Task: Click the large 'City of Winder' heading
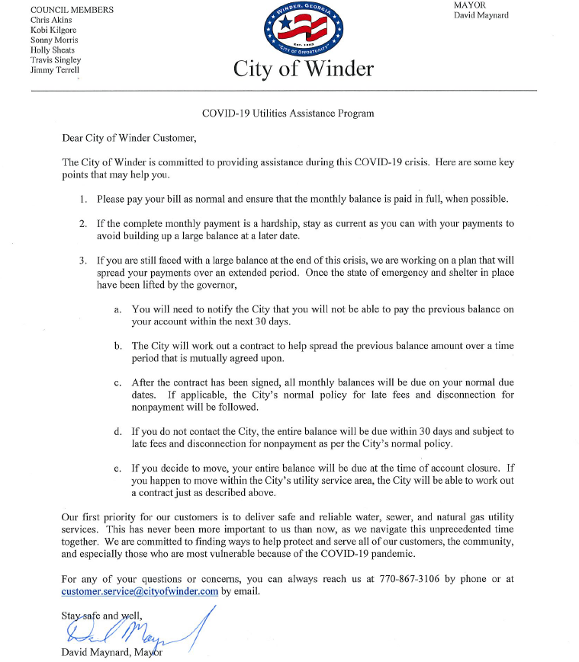tap(304, 69)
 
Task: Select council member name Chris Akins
tap(51, 20)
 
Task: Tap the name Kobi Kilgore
tap(53, 30)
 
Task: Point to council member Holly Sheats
tap(53, 50)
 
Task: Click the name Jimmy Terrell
tap(54, 69)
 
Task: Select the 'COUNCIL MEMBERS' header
tap(72, 10)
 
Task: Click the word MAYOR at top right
tap(470, 5)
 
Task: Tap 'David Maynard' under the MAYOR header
tap(481, 15)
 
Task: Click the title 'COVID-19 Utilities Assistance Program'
tap(288, 114)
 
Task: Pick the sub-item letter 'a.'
tap(117, 309)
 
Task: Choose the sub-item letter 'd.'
tap(117, 432)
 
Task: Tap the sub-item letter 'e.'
tap(117, 469)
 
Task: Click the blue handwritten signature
tap(130, 630)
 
